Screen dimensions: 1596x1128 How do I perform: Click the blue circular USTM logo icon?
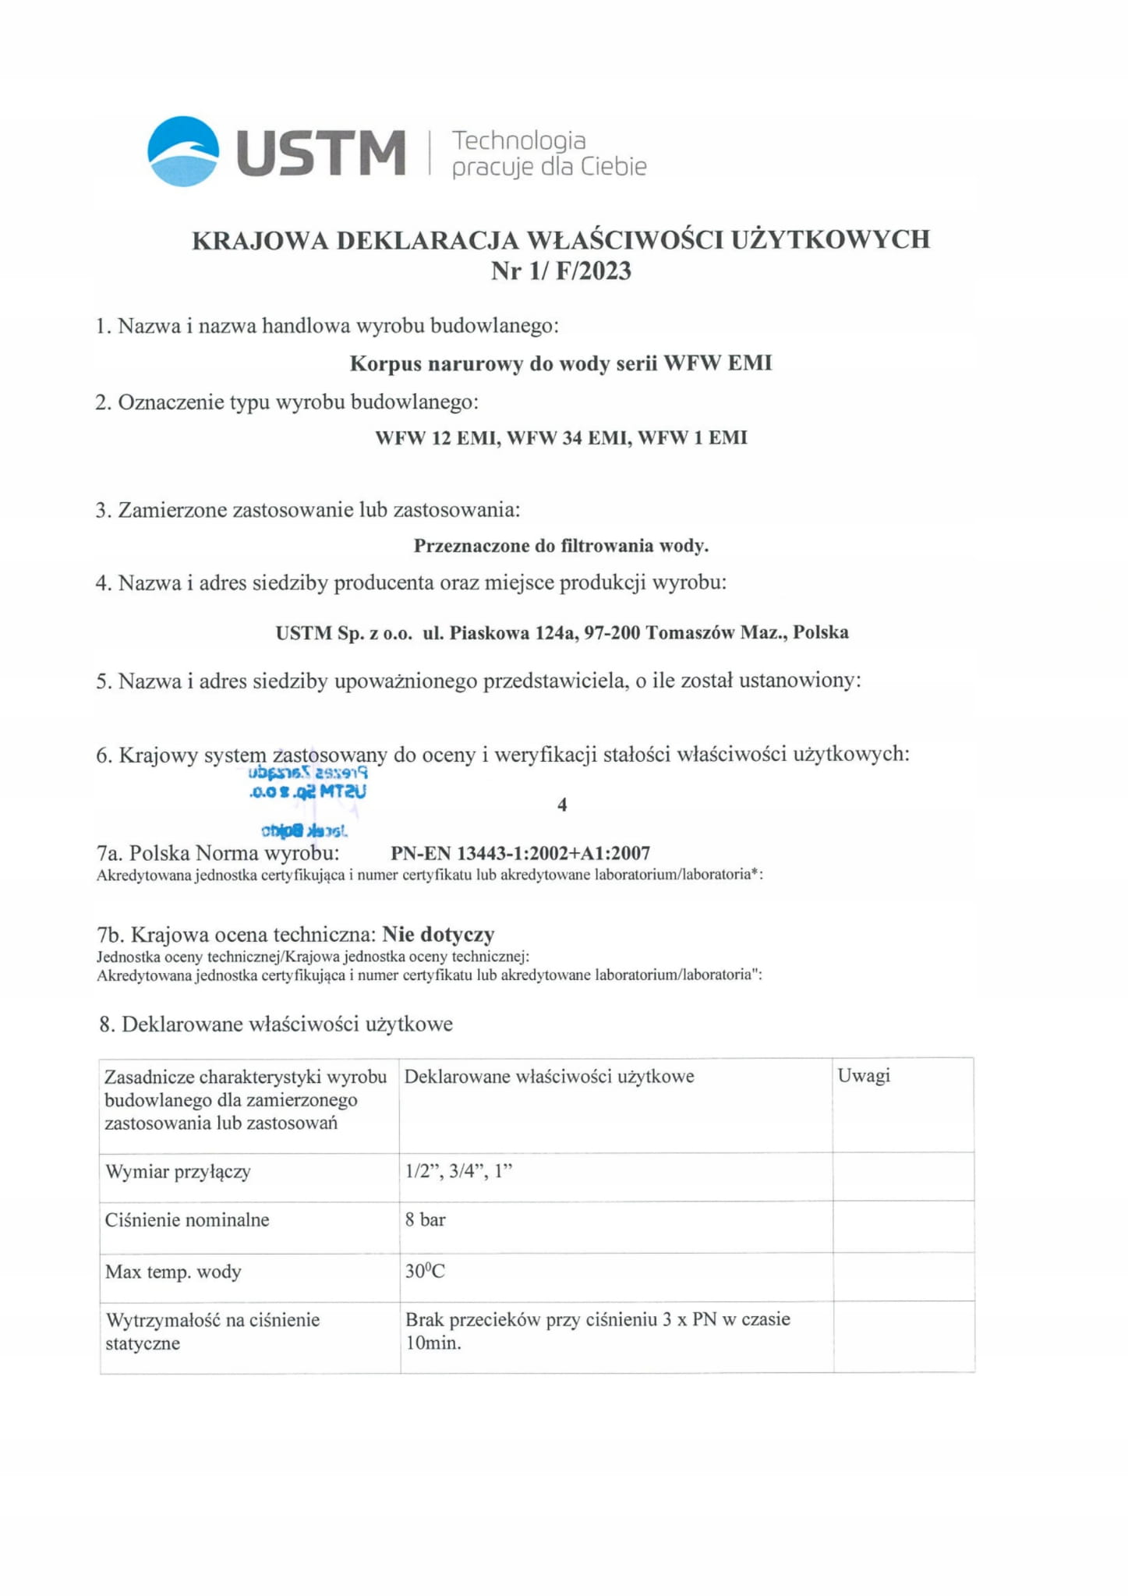click(183, 151)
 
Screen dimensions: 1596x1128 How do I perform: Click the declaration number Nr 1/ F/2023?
click(560, 271)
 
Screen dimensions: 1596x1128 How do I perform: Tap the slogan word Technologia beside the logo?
click(518, 140)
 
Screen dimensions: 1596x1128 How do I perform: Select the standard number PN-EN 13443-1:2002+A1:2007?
click(520, 854)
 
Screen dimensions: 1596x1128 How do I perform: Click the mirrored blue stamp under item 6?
click(306, 800)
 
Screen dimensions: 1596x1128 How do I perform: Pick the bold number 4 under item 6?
click(562, 805)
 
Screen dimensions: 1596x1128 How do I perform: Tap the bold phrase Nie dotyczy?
click(438, 934)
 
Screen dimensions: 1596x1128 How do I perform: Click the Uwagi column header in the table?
click(863, 1076)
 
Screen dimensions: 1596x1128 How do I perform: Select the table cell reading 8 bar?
click(426, 1220)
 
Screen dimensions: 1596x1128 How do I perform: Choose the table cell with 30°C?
click(425, 1272)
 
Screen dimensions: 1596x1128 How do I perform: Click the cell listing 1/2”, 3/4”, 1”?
click(458, 1172)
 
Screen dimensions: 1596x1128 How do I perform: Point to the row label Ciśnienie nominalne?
click(187, 1220)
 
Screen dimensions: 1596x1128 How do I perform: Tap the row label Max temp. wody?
click(173, 1272)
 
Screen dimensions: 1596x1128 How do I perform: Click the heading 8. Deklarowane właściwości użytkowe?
click(275, 1024)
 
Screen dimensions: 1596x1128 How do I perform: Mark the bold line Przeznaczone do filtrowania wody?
click(560, 546)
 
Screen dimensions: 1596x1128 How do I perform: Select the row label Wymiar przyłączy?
click(178, 1172)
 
